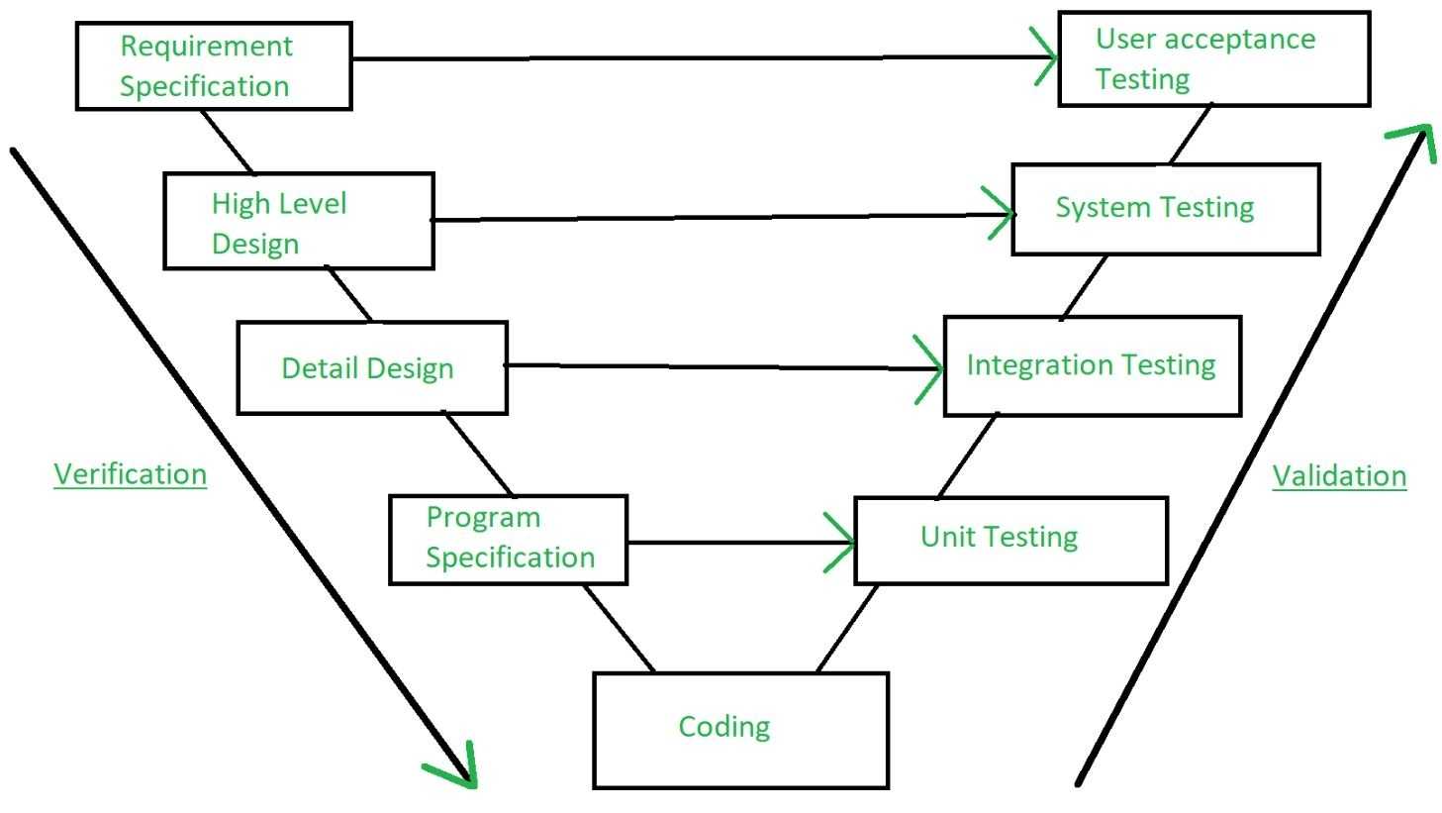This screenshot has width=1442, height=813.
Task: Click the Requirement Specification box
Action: [x=214, y=66]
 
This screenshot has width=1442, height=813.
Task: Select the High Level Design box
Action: [x=298, y=221]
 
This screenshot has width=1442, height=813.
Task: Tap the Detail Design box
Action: [x=372, y=367]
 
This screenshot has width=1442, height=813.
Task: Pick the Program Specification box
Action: [x=508, y=540]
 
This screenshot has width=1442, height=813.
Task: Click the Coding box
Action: [x=740, y=730]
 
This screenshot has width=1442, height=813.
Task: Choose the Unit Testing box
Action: [x=1010, y=540]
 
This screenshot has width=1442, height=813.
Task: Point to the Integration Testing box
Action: [x=1092, y=365]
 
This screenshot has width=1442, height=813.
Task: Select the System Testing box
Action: [x=1165, y=209]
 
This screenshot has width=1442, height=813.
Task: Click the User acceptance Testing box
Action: [x=1213, y=58]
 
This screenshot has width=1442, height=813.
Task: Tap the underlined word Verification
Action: [x=130, y=474]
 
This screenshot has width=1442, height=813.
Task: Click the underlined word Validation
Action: [x=1338, y=476]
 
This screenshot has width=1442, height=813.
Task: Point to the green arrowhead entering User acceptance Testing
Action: [x=1046, y=55]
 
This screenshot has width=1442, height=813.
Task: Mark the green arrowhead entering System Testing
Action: [x=1003, y=213]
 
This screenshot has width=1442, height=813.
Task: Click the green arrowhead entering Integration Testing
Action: [x=932, y=369]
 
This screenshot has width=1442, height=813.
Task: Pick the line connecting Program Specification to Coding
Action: [x=619, y=628]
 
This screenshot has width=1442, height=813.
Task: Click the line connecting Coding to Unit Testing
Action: [x=847, y=628]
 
